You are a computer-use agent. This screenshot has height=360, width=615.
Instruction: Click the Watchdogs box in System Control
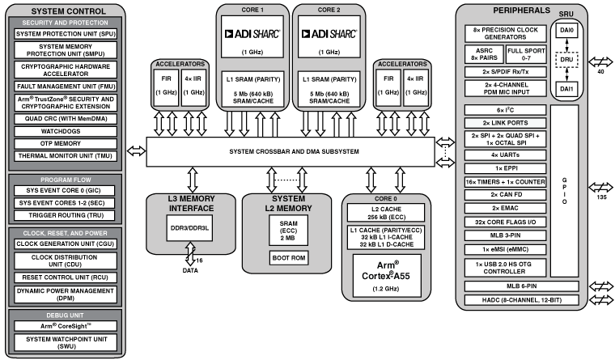pos(65,130)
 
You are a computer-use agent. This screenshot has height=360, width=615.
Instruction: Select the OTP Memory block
pos(65,143)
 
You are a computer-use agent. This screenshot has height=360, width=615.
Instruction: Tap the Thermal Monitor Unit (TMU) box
pos(65,156)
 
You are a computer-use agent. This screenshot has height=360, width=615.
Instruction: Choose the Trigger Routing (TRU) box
pos(65,214)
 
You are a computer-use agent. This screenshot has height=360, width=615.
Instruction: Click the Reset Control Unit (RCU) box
pos(65,277)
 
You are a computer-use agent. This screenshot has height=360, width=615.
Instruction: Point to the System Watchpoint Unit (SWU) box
pos(65,342)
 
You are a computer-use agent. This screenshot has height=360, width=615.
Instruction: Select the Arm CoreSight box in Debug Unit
pos(65,327)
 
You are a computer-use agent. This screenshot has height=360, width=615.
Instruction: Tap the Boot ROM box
pos(288,258)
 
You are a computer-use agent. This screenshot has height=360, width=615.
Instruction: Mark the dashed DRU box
pos(567,60)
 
